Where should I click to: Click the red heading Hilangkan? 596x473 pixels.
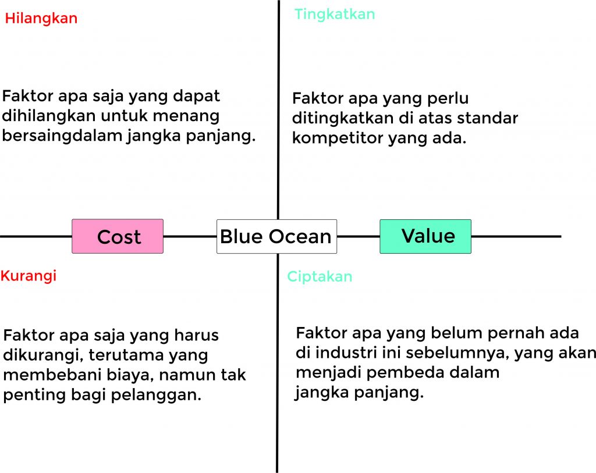(x=41, y=19)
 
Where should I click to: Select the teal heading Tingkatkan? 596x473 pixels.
(x=335, y=14)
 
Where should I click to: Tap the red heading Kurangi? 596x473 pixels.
(x=29, y=276)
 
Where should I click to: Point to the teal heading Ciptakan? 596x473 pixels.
(x=320, y=276)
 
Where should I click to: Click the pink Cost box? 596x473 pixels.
(x=118, y=236)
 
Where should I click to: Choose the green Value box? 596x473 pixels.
(x=425, y=236)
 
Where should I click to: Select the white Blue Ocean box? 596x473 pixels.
(x=276, y=236)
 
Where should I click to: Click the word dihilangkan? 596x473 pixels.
(x=49, y=116)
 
